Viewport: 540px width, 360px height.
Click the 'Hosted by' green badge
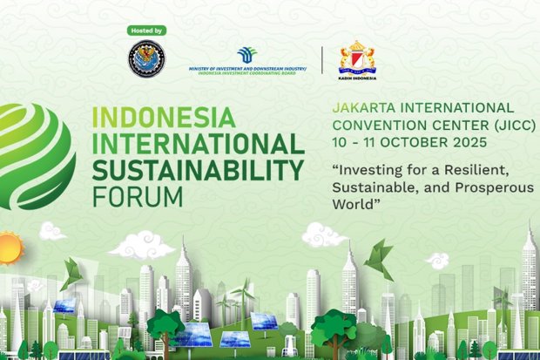click(x=145, y=31)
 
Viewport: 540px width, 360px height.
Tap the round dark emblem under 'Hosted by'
click(x=145, y=58)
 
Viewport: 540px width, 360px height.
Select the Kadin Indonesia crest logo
click(x=356, y=56)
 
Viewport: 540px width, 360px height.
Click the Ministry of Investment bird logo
click(x=247, y=55)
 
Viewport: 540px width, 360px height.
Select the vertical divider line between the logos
click(x=323, y=59)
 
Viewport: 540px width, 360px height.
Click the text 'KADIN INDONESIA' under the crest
click(x=356, y=77)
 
